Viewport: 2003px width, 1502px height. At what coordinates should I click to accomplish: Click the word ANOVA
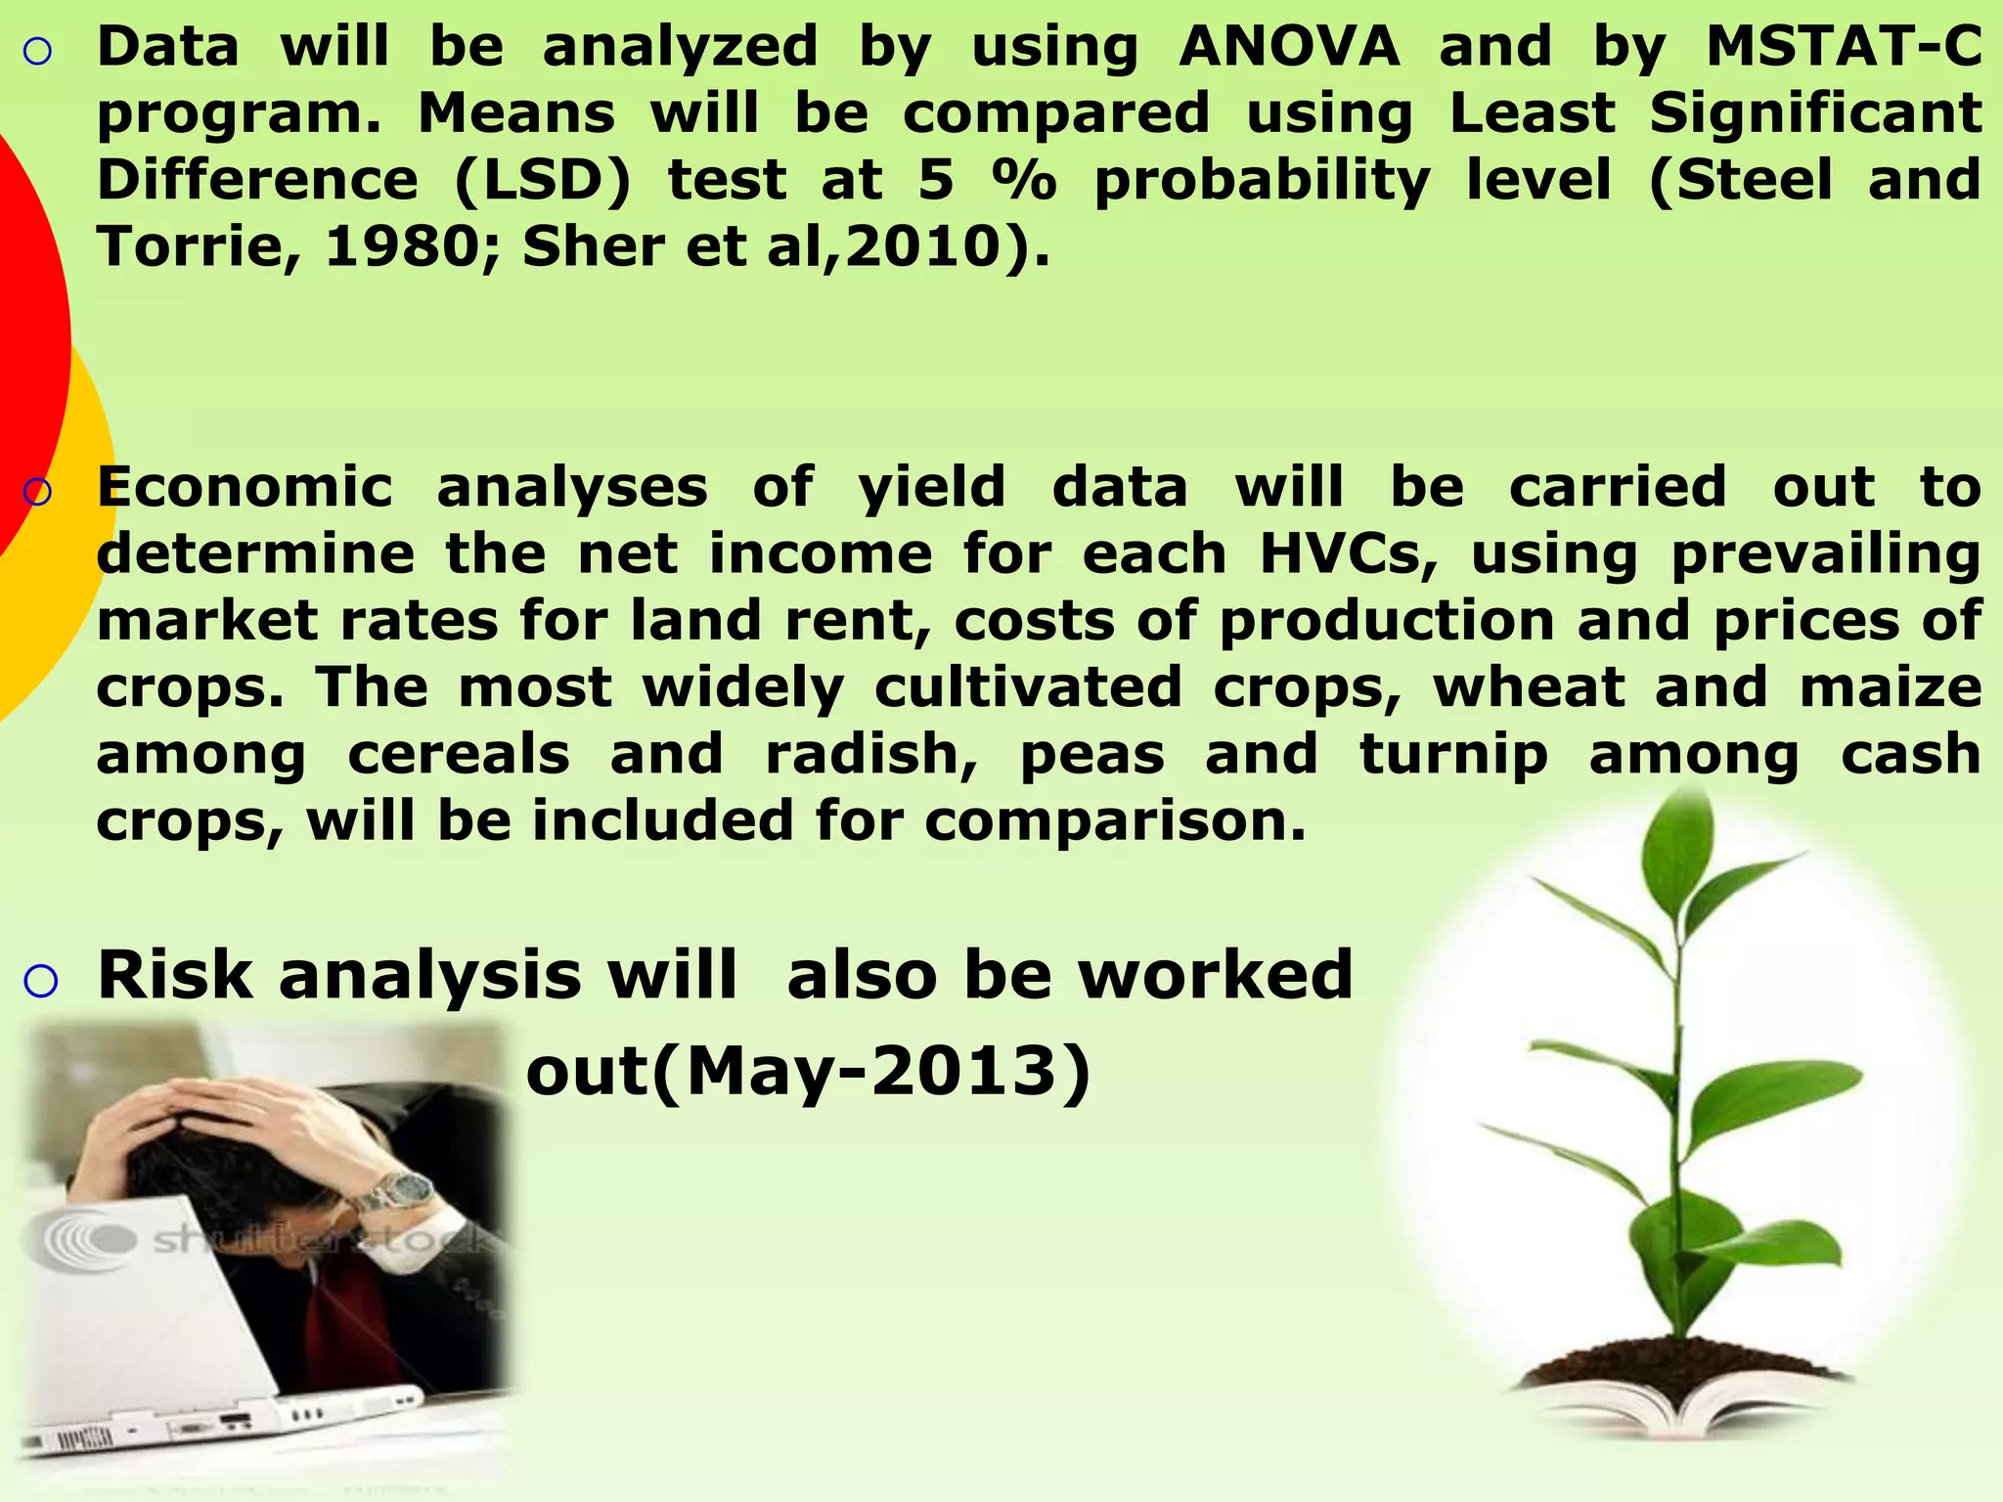click(1289, 47)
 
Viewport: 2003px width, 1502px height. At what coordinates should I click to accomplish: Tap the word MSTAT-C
click(1844, 47)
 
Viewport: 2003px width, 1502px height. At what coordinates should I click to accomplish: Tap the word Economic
click(245, 487)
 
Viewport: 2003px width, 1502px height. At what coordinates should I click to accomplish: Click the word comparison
click(1115, 821)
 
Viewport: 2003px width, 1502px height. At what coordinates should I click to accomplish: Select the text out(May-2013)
click(808, 1073)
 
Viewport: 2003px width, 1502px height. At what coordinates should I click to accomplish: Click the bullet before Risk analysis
click(40, 980)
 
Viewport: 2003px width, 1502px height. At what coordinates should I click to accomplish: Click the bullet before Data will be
click(36, 52)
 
